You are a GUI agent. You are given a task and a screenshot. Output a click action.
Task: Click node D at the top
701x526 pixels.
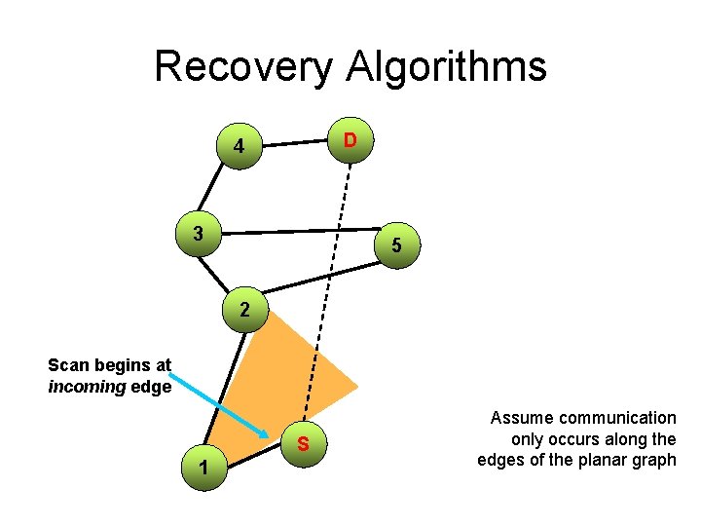(x=350, y=142)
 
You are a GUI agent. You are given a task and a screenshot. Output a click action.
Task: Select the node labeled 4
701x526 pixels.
(x=239, y=149)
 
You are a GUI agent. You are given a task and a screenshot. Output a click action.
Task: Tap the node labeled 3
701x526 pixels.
(x=199, y=234)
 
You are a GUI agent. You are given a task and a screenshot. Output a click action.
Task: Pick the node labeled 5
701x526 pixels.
(x=396, y=246)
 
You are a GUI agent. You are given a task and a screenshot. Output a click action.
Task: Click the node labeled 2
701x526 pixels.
(x=244, y=311)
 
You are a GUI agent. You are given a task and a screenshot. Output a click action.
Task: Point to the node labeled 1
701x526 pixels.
(x=203, y=468)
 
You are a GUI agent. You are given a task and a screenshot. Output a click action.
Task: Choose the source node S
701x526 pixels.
(x=304, y=446)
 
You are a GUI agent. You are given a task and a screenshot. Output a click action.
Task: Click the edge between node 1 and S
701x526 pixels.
(x=253, y=457)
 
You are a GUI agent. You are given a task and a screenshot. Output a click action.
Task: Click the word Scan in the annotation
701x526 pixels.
(x=68, y=366)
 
